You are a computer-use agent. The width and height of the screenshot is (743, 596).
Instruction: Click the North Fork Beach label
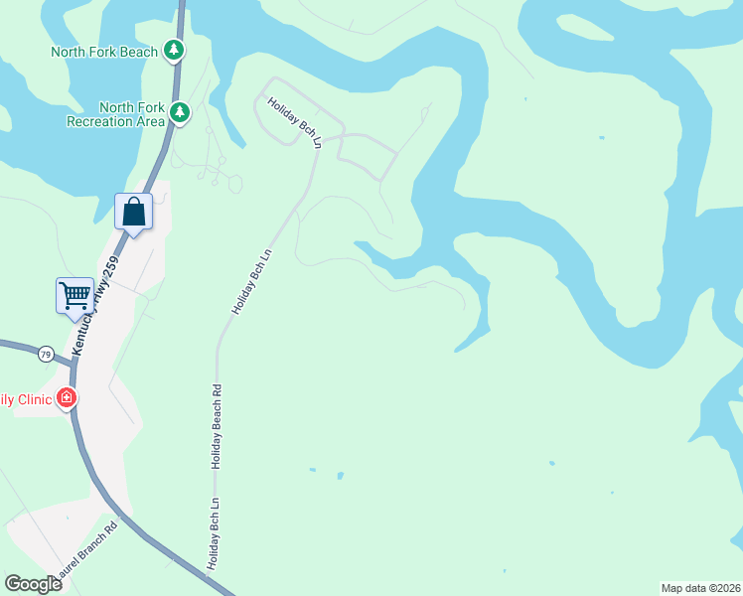(106, 51)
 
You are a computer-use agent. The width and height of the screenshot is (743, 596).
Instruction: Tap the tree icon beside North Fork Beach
(175, 50)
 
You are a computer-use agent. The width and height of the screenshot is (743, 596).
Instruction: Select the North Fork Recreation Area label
(115, 114)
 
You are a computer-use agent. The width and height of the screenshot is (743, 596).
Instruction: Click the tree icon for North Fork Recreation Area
(180, 112)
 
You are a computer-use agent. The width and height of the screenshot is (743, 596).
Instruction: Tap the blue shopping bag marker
(133, 213)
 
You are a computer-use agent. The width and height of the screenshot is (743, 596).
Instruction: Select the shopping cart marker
(74, 295)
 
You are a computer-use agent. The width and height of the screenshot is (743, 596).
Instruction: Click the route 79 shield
(46, 354)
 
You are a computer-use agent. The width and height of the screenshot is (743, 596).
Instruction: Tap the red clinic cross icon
(67, 399)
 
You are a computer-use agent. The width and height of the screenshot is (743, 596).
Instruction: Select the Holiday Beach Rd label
(216, 427)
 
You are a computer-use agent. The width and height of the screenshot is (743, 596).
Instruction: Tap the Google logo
(33, 583)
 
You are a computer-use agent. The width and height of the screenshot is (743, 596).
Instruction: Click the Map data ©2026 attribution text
(700, 588)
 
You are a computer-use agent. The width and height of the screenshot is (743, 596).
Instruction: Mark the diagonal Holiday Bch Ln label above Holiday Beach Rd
(252, 282)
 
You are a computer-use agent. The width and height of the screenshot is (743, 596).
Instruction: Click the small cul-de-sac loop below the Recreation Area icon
(233, 184)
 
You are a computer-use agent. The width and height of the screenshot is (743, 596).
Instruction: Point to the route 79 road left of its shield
(15, 347)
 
